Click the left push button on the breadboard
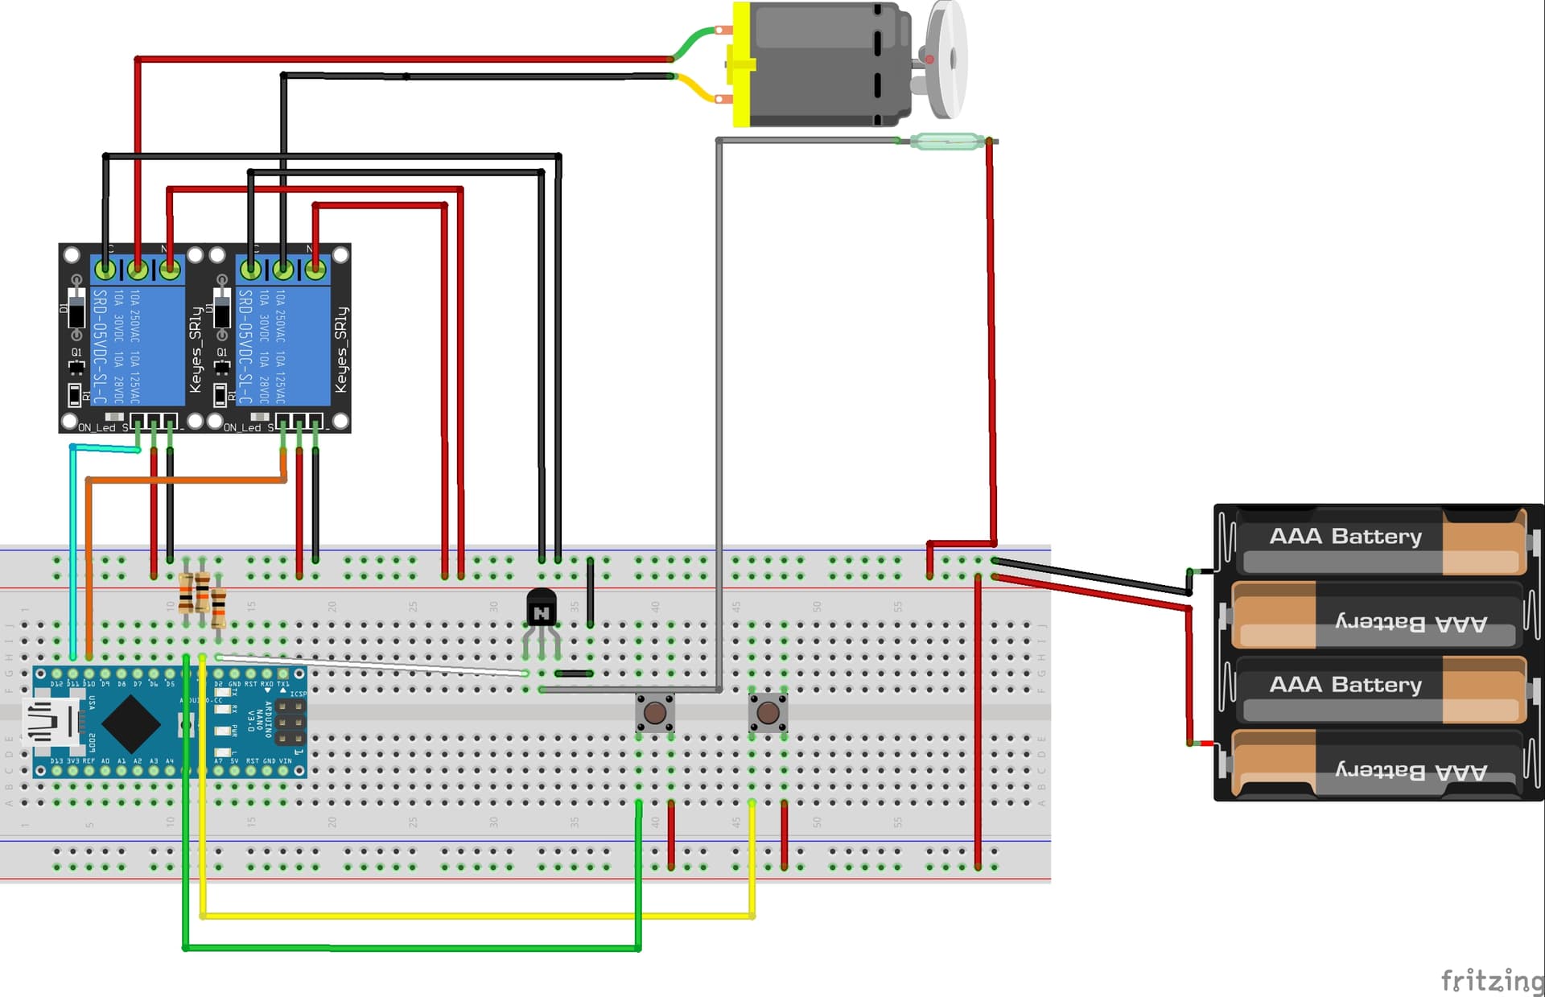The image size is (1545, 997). point(655,712)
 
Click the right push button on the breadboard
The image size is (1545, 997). point(768,712)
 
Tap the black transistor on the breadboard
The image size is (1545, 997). point(541,608)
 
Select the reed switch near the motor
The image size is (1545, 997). point(946,142)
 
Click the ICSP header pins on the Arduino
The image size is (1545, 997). point(290,722)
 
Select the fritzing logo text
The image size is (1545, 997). point(1491,980)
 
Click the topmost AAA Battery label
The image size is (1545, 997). point(1345,536)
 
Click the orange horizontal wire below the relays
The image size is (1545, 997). point(185,480)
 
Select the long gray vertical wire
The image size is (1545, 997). point(719,402)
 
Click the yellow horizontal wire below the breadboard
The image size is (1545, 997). point(475,916)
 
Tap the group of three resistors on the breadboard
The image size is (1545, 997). point(201,597)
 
